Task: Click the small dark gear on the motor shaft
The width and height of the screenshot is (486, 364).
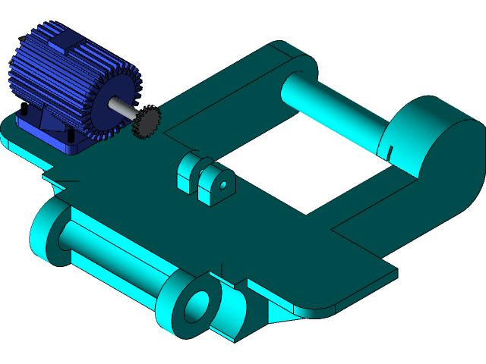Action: pos(147,122)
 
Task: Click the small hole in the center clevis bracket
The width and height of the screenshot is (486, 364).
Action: pos(223,184)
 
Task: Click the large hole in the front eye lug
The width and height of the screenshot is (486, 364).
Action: pos(197,305)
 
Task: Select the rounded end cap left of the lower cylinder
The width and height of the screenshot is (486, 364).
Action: pos(46,231)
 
